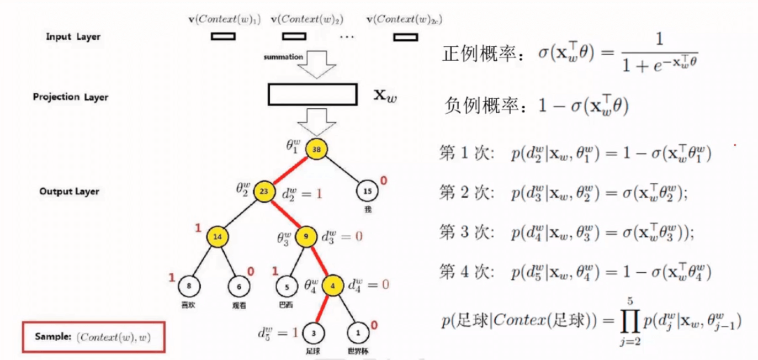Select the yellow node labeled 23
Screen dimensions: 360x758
264,192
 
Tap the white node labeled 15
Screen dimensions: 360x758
367,192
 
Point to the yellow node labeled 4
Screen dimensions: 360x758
332,285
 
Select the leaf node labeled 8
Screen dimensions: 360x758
189,286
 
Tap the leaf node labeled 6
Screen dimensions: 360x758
238,286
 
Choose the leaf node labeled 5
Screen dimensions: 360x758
287,287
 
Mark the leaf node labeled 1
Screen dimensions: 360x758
359,333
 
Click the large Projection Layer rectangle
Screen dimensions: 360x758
312,94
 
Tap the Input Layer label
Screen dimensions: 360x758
73,37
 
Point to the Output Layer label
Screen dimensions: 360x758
69,192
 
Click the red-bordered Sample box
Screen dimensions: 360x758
93,336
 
